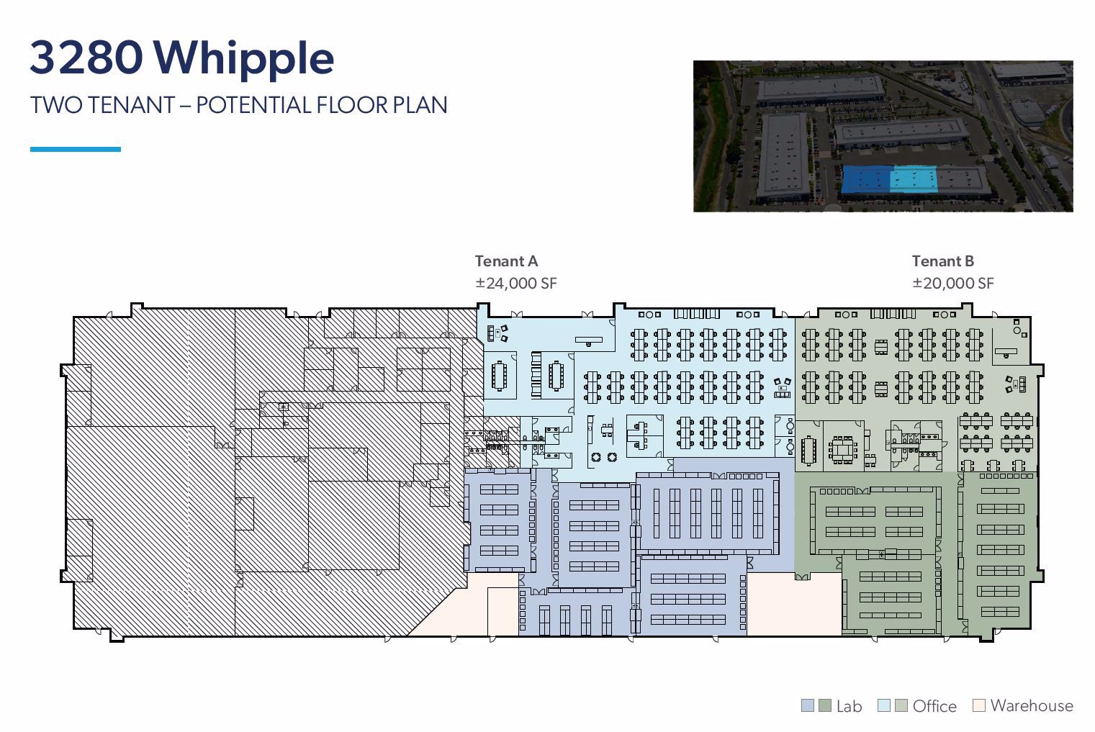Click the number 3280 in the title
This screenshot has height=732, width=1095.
[x=86, y=58]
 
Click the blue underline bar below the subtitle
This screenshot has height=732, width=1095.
[x=75, y=149]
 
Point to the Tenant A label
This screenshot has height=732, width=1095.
[x=506, y=261]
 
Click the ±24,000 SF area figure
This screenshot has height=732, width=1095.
[x=515, y=283]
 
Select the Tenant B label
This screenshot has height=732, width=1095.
[x=942, y=261]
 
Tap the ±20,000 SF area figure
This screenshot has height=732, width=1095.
[x=952, y=283]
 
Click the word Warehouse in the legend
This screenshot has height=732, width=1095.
[x=1031, y=705]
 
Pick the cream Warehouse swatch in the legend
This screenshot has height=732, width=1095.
[x=978, y=705]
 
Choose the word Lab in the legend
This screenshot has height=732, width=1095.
[x=849, y=706]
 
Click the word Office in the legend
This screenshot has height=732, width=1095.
[x=934, y=706]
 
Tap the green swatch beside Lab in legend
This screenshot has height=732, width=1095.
[x=825, y=705]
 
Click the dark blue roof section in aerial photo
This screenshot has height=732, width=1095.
[x=865, y=180]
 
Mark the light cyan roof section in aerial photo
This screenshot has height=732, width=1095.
[x=913, y=180]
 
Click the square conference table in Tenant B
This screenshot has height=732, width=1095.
[x=840, y=451]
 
